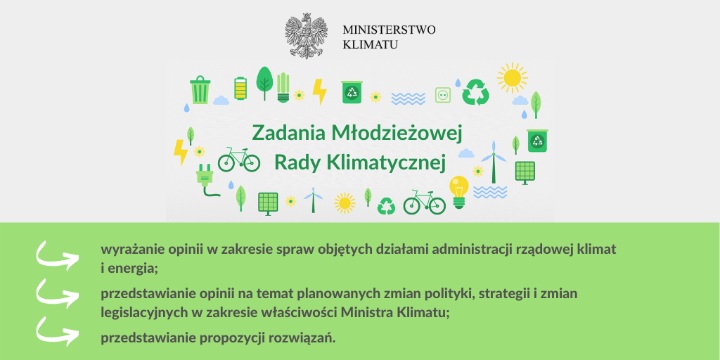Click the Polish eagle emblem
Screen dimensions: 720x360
[x=307, y=35]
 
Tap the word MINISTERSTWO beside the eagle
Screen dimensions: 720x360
[x=389, y=30]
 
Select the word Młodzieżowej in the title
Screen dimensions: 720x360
[x=395, y=134]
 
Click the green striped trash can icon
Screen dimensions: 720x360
[x=200, y=89]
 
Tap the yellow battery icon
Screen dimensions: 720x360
[x=240, y=88]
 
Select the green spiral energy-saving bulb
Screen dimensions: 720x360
[x=283, y=87]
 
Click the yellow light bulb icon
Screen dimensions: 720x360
[x=459, y=192]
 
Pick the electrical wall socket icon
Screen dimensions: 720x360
[x=443, y=95]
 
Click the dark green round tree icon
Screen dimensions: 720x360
[x=264, y=83]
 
